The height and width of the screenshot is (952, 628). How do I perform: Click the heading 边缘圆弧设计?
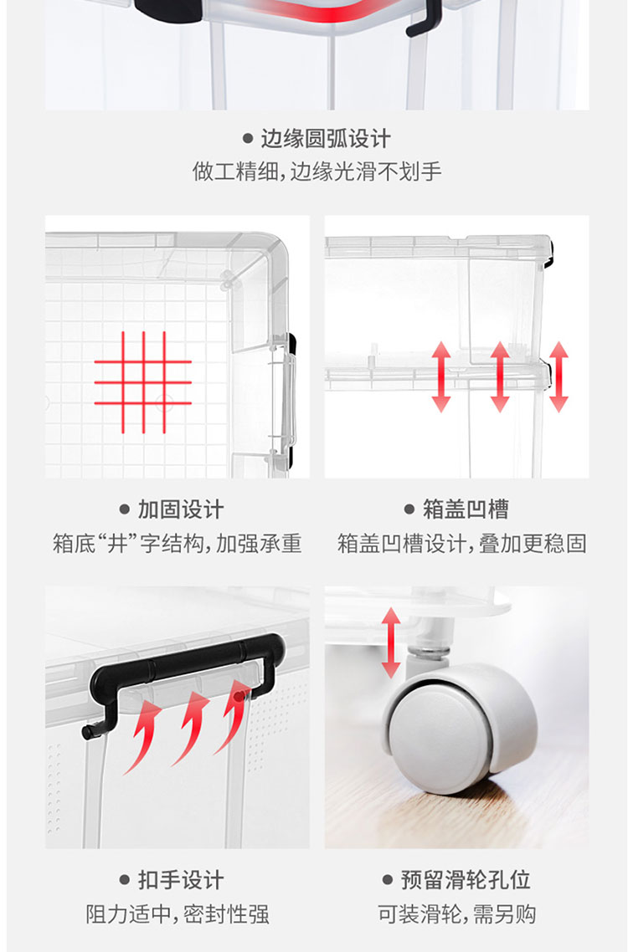(325, 138)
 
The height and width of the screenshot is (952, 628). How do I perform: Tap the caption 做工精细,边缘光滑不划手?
(317, 171)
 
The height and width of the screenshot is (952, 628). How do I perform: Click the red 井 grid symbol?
(143, 382)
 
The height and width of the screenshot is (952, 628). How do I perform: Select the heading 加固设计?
(181, 509)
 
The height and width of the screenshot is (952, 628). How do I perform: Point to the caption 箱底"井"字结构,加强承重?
(177, 543)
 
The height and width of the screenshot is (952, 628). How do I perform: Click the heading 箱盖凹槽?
(466, 509)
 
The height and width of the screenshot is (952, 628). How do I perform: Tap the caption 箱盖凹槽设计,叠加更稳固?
(461, 543)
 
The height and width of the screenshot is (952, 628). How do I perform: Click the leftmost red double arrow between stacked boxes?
(441, 377)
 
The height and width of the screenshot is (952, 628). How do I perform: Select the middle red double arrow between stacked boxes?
(500, 377)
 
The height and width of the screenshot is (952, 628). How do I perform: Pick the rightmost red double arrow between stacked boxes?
(559, 377)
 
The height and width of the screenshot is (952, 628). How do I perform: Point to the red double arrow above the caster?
(391, 643)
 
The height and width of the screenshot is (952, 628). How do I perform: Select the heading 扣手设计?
(181, 880)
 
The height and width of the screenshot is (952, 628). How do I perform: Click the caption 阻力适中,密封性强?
(177, 914)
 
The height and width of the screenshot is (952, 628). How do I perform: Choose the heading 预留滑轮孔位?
(466, 880)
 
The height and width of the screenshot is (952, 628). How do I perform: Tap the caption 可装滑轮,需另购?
(456, 914)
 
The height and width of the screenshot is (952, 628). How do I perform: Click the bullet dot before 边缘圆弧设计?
(248, 138)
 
